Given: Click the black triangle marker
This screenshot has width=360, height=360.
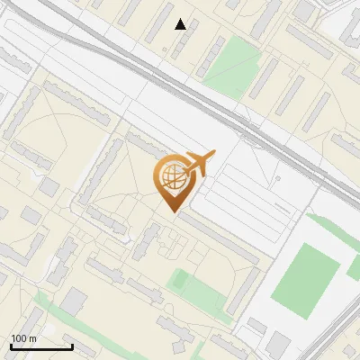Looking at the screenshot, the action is (181, 24).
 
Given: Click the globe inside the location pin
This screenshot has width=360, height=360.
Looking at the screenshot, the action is (171, 176).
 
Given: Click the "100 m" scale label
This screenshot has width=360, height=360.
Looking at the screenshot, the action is (23, 338).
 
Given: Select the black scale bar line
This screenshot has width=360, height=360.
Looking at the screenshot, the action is (41, 346).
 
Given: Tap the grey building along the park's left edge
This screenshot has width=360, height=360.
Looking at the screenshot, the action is (212, 56).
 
